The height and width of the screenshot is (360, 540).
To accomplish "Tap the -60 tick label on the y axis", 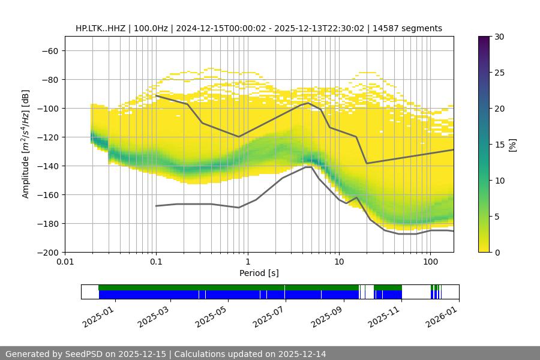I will click(49, 50).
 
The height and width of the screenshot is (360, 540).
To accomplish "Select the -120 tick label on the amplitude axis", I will click(47, 137).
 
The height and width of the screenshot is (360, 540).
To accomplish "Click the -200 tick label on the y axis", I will click(47, 252).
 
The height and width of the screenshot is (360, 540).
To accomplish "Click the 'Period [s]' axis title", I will click(259, 273).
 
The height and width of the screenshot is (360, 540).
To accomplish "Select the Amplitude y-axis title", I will click(26, 144).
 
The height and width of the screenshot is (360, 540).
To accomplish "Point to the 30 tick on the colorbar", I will click(499, 37).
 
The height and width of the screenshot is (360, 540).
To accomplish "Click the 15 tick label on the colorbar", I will click(499, 145).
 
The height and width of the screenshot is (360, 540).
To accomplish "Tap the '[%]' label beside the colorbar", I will click(513, 144).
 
